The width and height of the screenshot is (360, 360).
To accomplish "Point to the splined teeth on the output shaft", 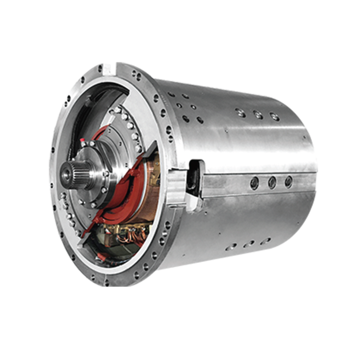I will [78, 172].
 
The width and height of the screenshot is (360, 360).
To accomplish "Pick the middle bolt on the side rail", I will [271, 181].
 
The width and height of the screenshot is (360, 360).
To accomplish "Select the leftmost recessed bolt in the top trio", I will [241, 113].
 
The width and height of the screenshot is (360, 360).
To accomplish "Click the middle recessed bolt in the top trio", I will [258, 115].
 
